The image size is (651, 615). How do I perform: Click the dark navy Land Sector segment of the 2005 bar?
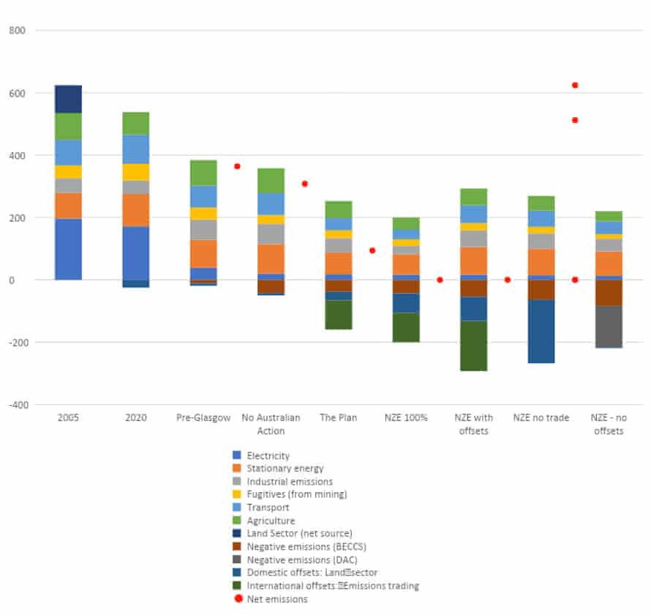click(x=68, y=99)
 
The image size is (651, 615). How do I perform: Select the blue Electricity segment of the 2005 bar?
click(x=68, y=249)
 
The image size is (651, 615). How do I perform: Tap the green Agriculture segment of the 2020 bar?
click(x=135, y=123)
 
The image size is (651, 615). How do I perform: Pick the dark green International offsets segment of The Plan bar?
click(x=339, y=315)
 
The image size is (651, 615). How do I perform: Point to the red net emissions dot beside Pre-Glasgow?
click(x=237, y=166)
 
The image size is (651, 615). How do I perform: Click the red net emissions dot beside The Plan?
click(x=372, y=250)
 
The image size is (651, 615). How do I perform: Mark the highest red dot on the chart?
click(x=575, y=85)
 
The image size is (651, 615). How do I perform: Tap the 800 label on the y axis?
click(x=17, y=31)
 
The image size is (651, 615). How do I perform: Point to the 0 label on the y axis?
click(x=21, y=280)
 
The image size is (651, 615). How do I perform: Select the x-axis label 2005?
click(x=68, y=418)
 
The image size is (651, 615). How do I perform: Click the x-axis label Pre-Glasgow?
click(x=203, y=418)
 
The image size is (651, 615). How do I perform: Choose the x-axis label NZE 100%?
click(x=406, y=418)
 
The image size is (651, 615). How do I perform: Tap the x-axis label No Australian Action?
click(x=271, y=424)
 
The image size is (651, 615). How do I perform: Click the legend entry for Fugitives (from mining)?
click(x=296, y=494)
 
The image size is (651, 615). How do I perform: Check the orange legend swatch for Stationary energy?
click(x=236, y=469)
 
